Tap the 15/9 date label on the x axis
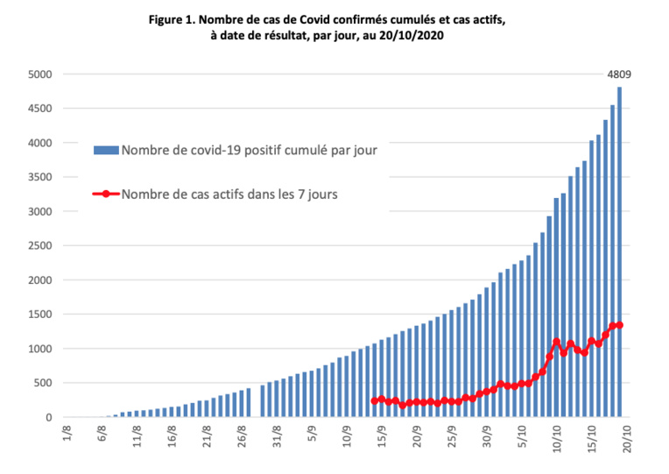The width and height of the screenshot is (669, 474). pyautogui.click(x=379, y=436)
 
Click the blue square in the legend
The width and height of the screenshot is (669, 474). pyautogui.click(x=106, y=151)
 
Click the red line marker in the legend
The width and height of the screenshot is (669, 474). pyautogui.click(x=106, y=195)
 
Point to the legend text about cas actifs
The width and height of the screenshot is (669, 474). pyautogui.click(x=229, y=195)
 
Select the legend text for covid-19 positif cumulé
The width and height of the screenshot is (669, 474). pyautogui.click(x=250, y=151)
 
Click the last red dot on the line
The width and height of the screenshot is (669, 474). pyautogui.click(x=620, y=325)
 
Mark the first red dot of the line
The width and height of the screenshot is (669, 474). pyautogui.click(x=375, y=401)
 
